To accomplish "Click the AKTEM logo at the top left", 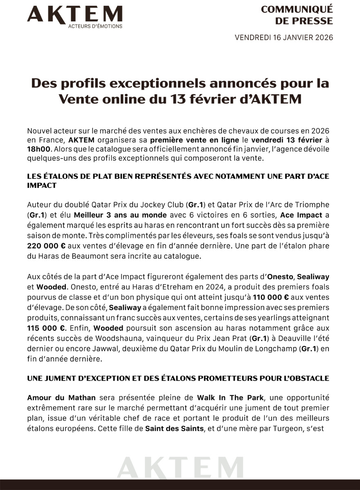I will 74,14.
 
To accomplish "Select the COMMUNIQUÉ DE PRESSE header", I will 297,15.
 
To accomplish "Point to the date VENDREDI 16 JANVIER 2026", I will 284,38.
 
